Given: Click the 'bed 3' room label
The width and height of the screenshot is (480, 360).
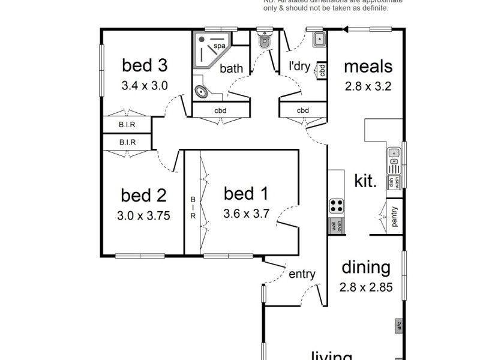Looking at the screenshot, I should click(144, 64).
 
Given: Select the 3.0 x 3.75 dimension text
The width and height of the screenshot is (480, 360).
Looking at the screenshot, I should click(144, 215).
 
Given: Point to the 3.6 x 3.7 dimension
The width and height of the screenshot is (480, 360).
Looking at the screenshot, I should click(246, 213).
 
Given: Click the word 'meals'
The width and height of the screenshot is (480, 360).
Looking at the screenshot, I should click(368, 66).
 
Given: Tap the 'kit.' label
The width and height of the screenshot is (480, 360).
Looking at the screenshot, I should click(365, 181).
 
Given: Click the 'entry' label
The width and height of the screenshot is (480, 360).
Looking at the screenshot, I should click(302, 274).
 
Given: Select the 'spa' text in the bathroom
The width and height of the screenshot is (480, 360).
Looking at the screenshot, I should click(219, 46).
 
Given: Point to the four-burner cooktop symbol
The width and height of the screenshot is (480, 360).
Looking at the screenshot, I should click(336, 206).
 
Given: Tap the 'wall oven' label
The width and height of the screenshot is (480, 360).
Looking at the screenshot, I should click(335, 227).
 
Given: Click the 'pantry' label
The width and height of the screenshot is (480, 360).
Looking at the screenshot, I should click(394, 217).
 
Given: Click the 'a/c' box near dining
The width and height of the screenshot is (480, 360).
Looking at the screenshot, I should click(398, 326).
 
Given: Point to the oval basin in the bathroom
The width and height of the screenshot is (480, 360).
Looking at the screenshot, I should click(202, 92).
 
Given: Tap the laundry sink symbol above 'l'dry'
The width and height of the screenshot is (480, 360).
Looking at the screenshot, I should click(319, 40).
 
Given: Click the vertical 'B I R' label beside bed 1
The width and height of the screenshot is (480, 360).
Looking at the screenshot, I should click(193, 208).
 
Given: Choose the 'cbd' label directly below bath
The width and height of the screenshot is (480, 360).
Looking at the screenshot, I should click(220, 110).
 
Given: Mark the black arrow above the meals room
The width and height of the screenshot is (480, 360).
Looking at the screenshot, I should click(346, 27).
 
